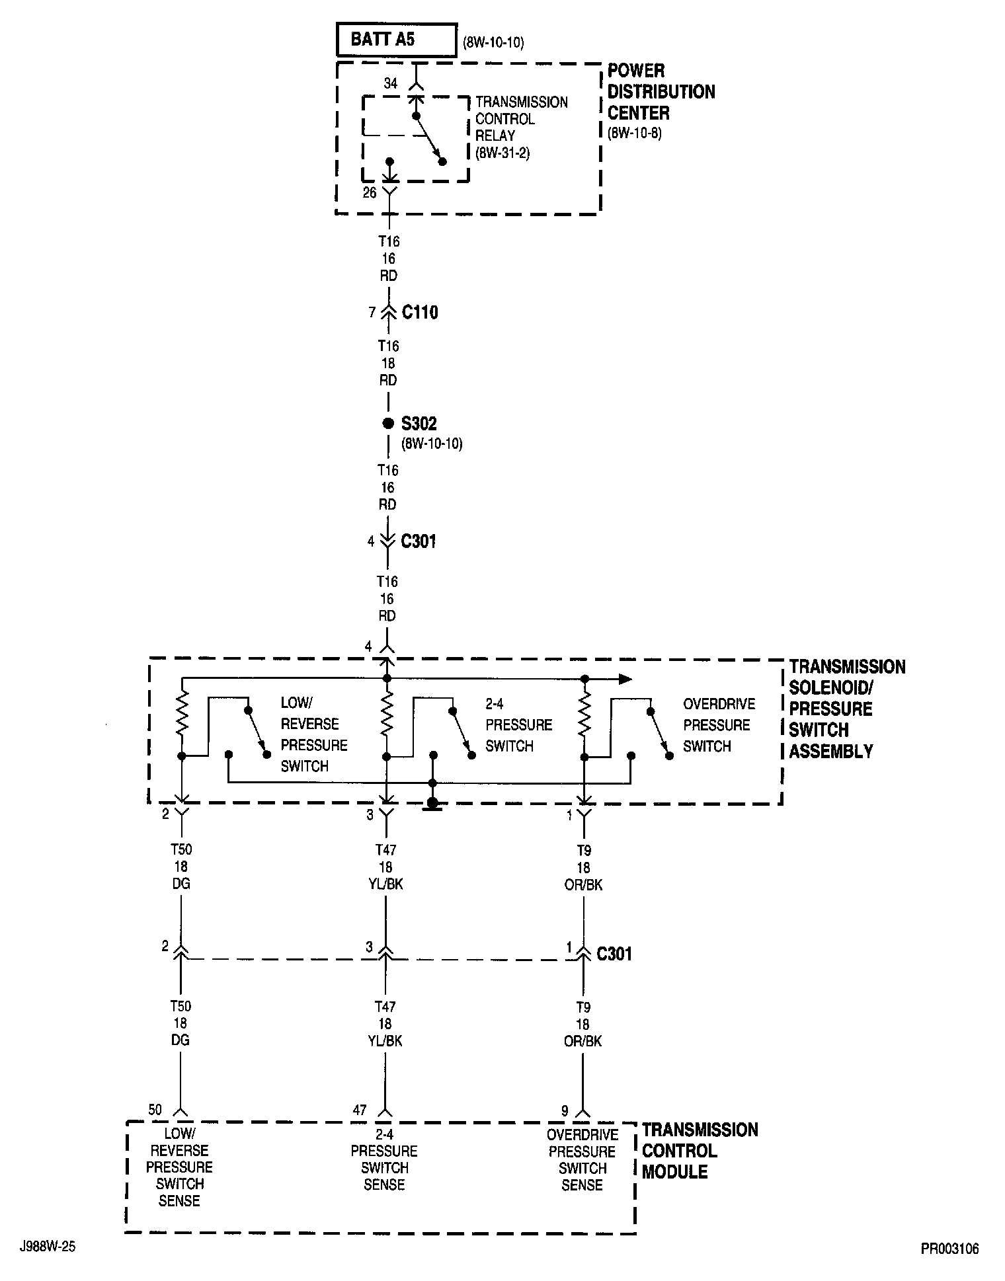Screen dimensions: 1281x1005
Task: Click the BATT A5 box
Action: pyautogui.click(x=396, y=40)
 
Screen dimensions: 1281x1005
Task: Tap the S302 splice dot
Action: pyautogui.click(x=388, y=423)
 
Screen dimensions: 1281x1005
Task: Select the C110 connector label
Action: pyautogui.click(x=420, y=312)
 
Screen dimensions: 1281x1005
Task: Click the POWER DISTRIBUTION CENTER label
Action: pyautogui.click(x=661, y=92)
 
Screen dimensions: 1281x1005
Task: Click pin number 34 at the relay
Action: pyautogui.click(x=391, y=83)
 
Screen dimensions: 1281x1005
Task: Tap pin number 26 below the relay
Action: pyautogui.click(x=370, y=192)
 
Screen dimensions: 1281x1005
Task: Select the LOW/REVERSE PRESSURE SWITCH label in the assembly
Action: pyautogui.click(x=313, y=734)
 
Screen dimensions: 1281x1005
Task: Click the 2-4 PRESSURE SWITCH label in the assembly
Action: pyautogui.click(x=518, y=724)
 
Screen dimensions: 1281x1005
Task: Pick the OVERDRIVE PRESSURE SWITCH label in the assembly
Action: pyautogui.click(x=718, y=724)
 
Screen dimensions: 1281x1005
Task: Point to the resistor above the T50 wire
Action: pyautogui.click(x=182, y=714)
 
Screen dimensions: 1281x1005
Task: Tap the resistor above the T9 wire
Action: pyautogui.click(x=584, y=714)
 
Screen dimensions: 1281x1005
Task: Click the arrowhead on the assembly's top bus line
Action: pyautogui.click(x=624, y=679)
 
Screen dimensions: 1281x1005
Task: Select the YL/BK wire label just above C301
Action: pyautogui.click(x=385, y=884)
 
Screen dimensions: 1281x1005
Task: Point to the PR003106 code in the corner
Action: pyautogui.click(x=949, y=1249)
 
